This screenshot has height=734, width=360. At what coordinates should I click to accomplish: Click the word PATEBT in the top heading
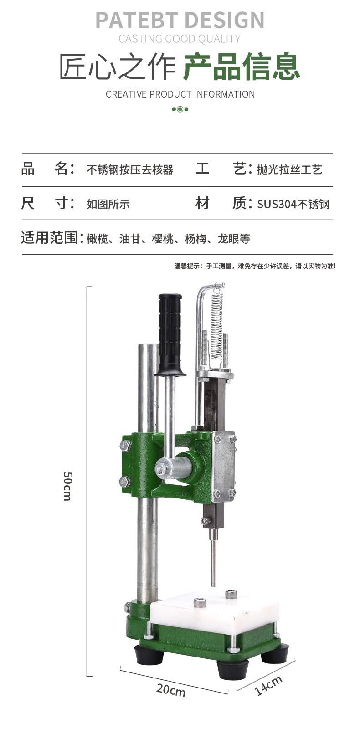click(137, 20)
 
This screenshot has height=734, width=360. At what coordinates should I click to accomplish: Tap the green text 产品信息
click(242, 67)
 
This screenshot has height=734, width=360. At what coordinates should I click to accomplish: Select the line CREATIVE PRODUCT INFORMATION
click(180, 94)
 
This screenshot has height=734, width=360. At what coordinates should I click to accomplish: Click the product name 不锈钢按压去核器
click(130, 170)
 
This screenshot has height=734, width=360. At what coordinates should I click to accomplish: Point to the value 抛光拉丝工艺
click(289, 170)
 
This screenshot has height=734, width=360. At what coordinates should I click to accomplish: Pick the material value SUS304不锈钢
click(293, 204)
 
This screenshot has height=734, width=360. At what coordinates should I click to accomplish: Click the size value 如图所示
click(108, 204)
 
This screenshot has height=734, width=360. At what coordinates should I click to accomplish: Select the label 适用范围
click(49, 238)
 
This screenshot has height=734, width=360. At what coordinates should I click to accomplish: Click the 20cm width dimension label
click(170, 690)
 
